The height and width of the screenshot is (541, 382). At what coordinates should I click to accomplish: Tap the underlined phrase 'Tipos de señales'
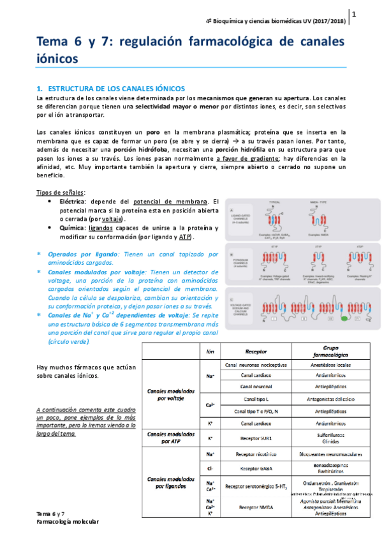[61, 193]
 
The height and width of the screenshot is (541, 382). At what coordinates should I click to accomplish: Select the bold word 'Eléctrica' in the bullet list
[79, 202]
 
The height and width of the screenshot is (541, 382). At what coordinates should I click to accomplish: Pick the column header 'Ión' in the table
[210, 352]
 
